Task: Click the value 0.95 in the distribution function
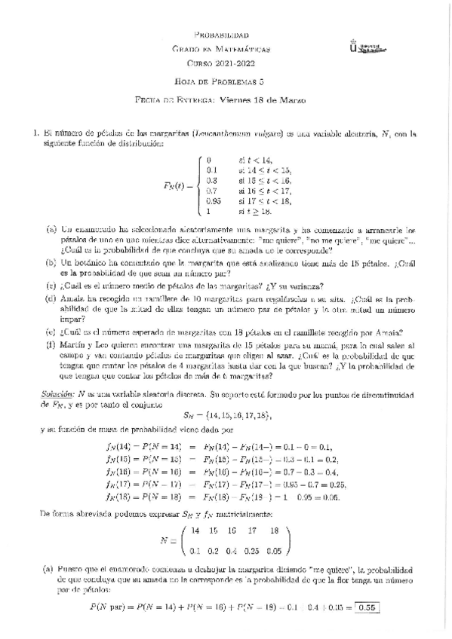(x=214, y=201)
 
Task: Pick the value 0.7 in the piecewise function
(x=212, y=191)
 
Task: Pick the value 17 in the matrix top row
(x=252, y=530)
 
